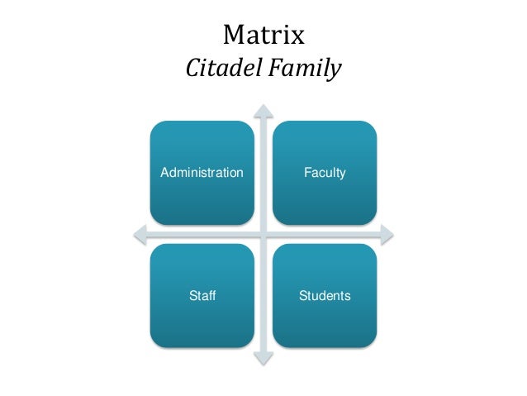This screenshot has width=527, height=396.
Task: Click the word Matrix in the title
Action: tap(263, 36)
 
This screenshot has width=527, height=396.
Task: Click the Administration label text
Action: tap(202, 173)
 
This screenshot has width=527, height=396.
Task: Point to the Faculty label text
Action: tap(325, 173)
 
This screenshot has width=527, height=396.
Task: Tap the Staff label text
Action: tap(202, 295)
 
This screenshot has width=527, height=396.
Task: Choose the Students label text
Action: tap(325, 295)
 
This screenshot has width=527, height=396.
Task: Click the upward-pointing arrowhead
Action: tap(263, 110)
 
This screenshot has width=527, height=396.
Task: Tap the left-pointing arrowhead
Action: tap(140, 235)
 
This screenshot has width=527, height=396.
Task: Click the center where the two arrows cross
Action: tap(263, 235)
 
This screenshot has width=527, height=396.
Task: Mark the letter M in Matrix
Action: tap(234, 36)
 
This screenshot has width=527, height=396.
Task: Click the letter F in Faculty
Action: tap(306, 173)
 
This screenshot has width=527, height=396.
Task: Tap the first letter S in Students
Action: tap(302, 295)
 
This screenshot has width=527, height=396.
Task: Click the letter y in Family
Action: tap(335, 71)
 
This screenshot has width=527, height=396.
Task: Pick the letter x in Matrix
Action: tap(299, 38)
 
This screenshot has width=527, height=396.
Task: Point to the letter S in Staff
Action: tap(192, 295)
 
